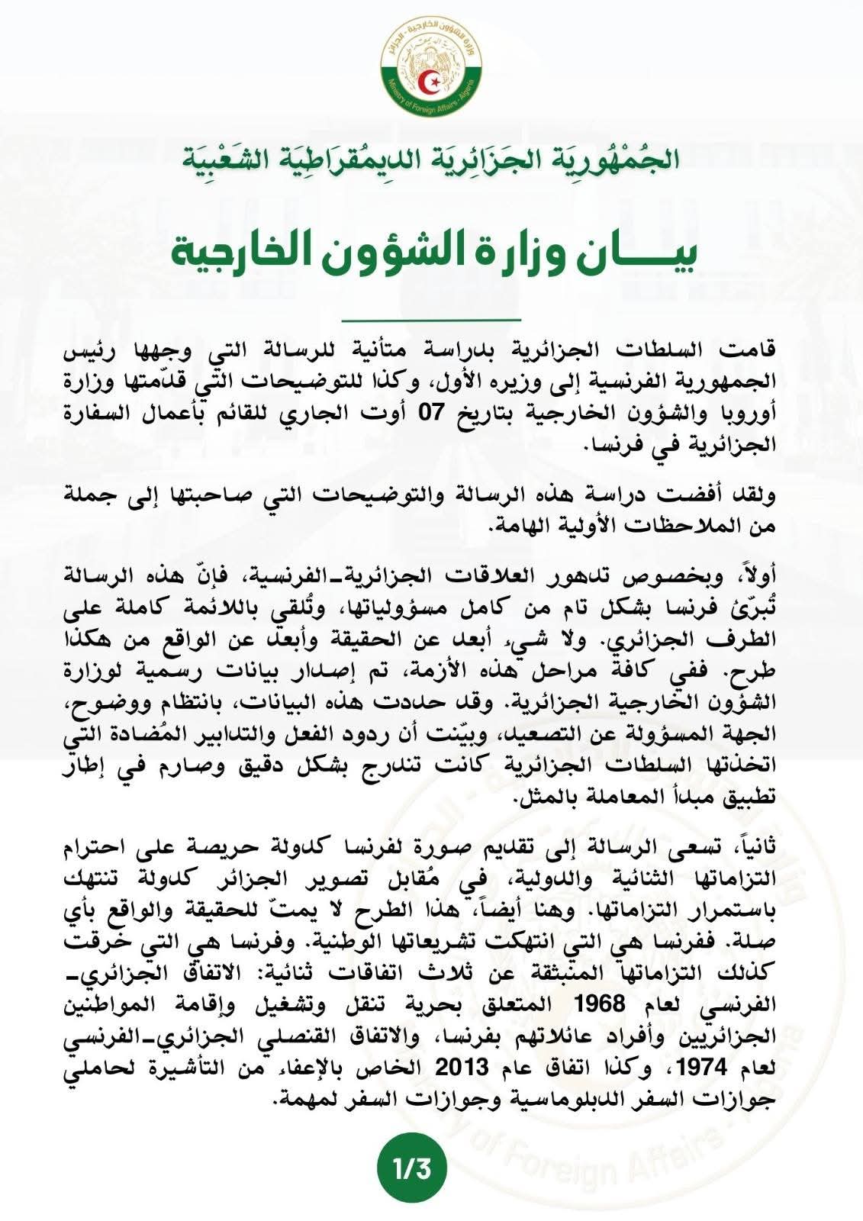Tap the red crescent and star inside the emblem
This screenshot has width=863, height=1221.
coord(431,78)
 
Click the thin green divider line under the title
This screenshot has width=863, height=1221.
coord(431,318)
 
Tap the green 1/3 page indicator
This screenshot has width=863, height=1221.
coord(412,1168)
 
